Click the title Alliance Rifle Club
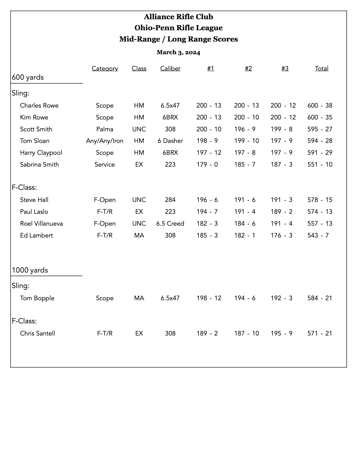click(178, 17)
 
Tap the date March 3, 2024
click(178, 52)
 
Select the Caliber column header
click(170, 69)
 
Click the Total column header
click(322, 69)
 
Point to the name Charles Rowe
click(39, 106)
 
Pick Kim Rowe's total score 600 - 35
click(320, 117)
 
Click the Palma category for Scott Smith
click(105, 129)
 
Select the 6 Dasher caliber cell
click(170, 141)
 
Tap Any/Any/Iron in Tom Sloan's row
click(105, 141)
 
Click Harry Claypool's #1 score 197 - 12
click(209, 153)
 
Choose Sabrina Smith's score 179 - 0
click(207, 165)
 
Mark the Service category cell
click(105, 165)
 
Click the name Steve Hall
click(34, 200)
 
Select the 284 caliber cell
click(170, 200)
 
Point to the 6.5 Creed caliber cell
click(170, 224)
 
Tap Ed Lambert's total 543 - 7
click(318, 236)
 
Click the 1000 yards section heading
click(30, 270)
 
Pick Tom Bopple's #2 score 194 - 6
click(245, 298)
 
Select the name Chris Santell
click(38, 334)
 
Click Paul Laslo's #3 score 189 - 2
click(282, 212)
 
